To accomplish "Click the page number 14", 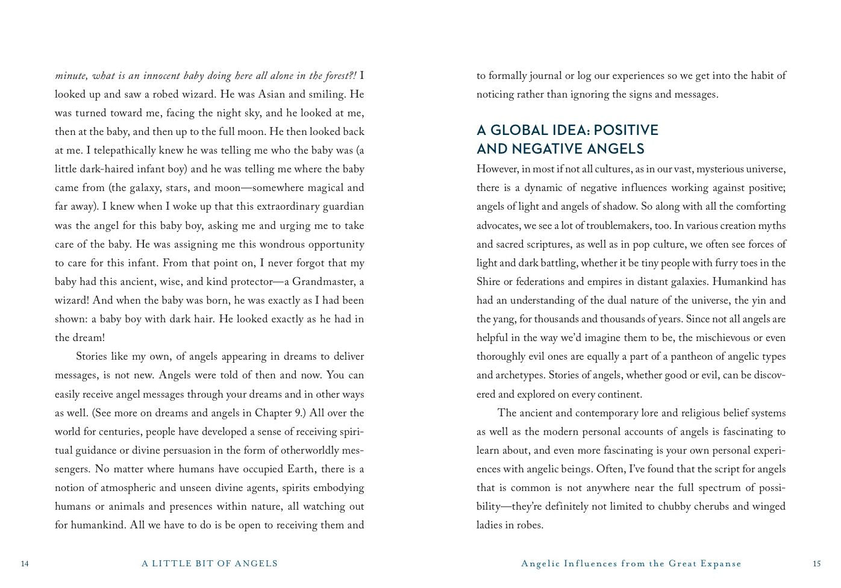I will click(x=25, y=564).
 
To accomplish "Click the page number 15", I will click(x=816, y=564).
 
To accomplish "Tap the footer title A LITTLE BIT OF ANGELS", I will click(x=210, y=564).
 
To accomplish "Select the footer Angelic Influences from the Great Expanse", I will click(x=631, y=564).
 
